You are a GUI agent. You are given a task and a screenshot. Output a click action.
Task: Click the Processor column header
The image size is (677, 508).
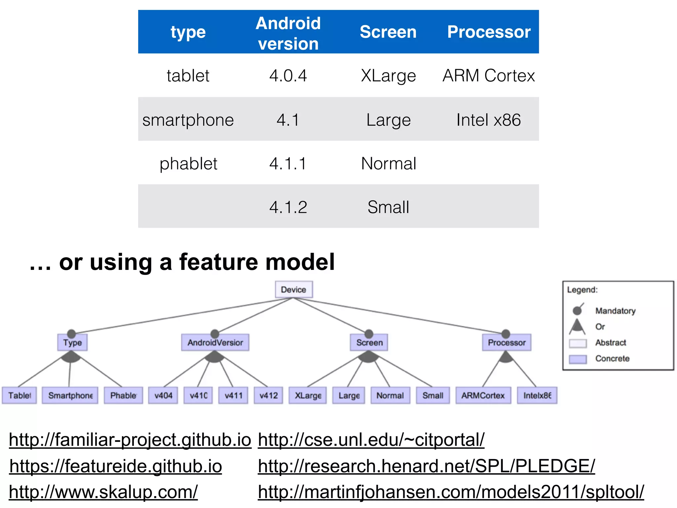click(x=489, y=32)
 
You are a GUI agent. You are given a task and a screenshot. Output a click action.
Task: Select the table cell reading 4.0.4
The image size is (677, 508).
click(x=288, y=76)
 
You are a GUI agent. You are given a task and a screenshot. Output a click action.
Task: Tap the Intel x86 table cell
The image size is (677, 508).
click(x=488, y=120)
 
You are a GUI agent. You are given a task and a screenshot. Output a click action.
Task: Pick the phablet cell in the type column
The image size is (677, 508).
click(x=188, y=163)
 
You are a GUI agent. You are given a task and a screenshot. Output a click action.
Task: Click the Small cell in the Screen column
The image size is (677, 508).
click(x=388, y=207)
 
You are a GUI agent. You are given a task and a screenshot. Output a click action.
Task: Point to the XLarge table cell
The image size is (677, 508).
click(x=388, y=76)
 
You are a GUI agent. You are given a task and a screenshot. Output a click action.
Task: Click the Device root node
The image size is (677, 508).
click(x=294, y=290)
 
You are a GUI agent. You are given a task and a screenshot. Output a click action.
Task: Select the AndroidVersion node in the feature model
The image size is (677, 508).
click(x=215, y=343)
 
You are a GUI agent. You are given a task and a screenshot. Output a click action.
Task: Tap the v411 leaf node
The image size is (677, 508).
click(x=233, y=396)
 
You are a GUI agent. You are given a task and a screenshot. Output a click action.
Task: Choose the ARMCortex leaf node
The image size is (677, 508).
click(x=483, y=396)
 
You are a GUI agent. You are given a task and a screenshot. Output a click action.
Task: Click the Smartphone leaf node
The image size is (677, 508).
click(x=70, y=396)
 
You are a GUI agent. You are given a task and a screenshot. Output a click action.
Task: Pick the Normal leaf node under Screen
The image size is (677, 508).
click(x=390, y=396)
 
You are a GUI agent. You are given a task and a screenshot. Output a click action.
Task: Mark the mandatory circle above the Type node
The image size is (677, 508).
click(x=71, y=334)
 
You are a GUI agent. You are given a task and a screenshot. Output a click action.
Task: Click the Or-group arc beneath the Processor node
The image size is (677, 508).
click(x=506, y=358)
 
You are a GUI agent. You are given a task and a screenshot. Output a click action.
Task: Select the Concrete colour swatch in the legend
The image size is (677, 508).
click(x=577, y=359)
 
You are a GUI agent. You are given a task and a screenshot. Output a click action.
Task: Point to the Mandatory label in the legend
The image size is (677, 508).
click(x=615, y=311)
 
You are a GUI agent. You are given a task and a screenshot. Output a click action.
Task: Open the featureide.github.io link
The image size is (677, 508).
click(x=116, y=466)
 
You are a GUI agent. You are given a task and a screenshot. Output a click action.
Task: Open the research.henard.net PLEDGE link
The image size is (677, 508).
click(x=426, y=466)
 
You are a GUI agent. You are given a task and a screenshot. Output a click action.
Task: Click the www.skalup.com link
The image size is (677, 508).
click(x=103, y=492)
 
